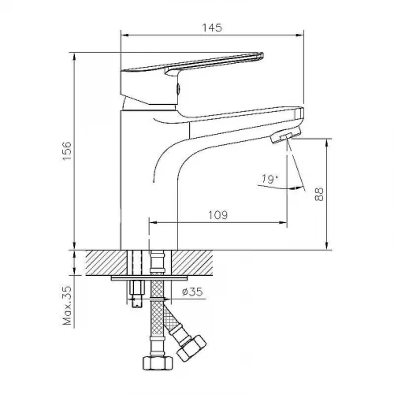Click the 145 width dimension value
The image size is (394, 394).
pos(212,28)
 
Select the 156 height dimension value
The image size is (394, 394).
pos(67,151)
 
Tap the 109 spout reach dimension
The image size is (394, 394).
pos(218,215)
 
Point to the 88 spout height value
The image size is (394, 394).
pos(319,194)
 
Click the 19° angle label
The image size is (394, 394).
pos(269,179)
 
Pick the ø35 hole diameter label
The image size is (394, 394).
pos(192,292)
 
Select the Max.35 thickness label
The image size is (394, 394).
pos(67,306)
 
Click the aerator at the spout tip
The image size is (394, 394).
pos(286,134)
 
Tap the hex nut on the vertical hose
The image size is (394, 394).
pos(158,363)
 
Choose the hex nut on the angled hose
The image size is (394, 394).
pos(191,348)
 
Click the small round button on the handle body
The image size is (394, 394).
pos(178,88)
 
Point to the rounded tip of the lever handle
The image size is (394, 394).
pos(260,56)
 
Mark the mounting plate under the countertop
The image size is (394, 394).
pos(149,278)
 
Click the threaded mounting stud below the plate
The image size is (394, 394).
pos(137,294)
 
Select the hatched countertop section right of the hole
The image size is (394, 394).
pos(192,262)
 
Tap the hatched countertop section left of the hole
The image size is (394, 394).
pos(106,262)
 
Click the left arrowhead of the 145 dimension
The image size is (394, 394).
pos(125,35)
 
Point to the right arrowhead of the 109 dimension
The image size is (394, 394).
pos(283,223)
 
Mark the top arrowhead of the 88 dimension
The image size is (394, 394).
pos(327,143)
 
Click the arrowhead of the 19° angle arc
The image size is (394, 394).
pos(299,188)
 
